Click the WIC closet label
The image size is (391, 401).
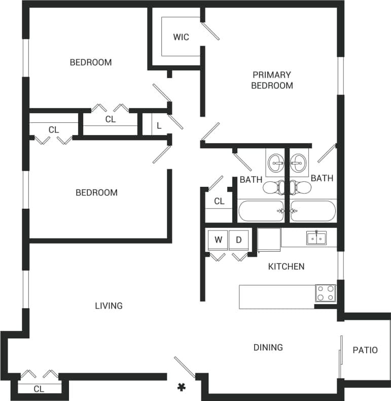coord(181,37)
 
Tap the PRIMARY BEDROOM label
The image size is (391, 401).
coord(272,80)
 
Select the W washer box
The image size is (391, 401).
coord(218,240)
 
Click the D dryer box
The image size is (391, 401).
coord(238,240)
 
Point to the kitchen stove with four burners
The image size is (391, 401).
coord(326,293)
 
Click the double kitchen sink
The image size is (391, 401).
coord(316,238)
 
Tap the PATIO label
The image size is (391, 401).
coord(365,350)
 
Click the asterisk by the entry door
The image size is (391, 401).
coord(181,388)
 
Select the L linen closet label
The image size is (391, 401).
coord(159,125)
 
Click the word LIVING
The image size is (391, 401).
coord(109,306)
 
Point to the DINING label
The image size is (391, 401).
coord(268,347)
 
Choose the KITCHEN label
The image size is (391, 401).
coord(286,266)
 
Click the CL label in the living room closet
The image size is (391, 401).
coord(39,389)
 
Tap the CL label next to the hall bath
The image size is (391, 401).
coord(219,201)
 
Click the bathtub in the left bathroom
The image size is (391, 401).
coord(261,211)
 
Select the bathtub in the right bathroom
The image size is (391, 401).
coord(313,211)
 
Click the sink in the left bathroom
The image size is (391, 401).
coord(277,163)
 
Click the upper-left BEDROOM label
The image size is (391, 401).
coord(91,62)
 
